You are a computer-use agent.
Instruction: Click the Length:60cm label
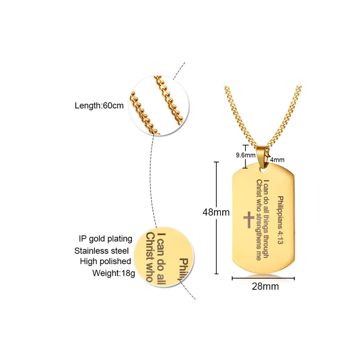click(99, 106)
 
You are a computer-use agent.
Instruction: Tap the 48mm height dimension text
click(216, 212)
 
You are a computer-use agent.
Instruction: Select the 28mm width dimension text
click(265, 286)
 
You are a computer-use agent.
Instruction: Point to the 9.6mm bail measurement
click(246, 155)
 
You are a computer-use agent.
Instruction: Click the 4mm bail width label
click(277, 160)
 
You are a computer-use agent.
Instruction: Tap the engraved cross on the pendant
click(248, 220)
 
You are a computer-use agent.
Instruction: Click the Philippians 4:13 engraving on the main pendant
click(280, 220)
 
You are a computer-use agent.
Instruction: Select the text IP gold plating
click(105, 239)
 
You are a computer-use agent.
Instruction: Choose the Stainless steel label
click(101, 251)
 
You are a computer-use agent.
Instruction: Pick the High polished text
click(105, 261)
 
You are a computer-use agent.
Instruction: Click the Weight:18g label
click(114, 273)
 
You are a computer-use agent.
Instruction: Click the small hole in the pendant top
click(262, 170)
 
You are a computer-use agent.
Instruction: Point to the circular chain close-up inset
click(159, 105)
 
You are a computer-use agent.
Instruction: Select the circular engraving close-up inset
click(164, 257)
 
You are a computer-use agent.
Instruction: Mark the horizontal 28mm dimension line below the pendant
click(263, 279)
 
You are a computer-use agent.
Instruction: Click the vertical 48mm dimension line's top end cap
click(216, 162)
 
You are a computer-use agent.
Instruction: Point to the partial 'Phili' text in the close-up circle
click(184, 269)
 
